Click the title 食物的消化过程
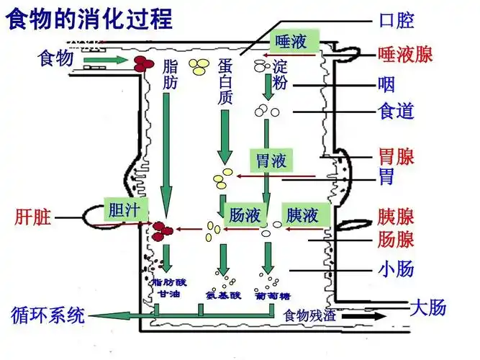(x=90, y=18)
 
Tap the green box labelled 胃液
(x=271, y=160)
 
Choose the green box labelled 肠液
(x=245, y=215)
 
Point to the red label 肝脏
(x=33, y=217)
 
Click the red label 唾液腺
(x=405, y=54)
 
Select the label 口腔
(x=396, y=20)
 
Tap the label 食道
(x=396, y=112)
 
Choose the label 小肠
(x=396, y=270)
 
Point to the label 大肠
(x=428, y=307)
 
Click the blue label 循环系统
(x=48, y=315)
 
